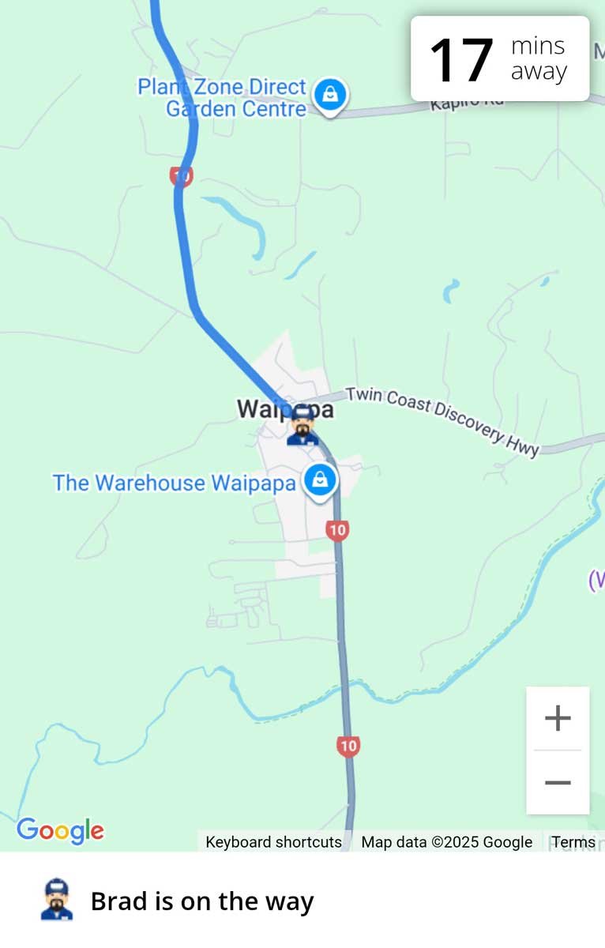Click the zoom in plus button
pos(558,718)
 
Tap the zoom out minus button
pos(558,782)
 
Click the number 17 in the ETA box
pos(461,59)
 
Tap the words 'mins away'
pos(539,59)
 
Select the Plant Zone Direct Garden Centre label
pos(223,98)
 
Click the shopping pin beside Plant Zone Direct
pos(330,95)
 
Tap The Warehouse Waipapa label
pos(174,483)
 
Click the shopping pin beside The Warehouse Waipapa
pos(319,479)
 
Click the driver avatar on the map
pos(302,427)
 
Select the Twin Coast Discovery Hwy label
pos(442,421)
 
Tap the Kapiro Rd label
pos(467,103)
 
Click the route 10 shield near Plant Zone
pos(181,175)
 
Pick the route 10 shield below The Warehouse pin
pos(337,529)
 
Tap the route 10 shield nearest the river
pos(348,745)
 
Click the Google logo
pos(60,830)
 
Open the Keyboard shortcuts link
pos(273,842)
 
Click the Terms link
pos(573,842)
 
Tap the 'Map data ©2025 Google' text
pos(446,842)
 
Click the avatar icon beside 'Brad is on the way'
pos(57,900)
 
